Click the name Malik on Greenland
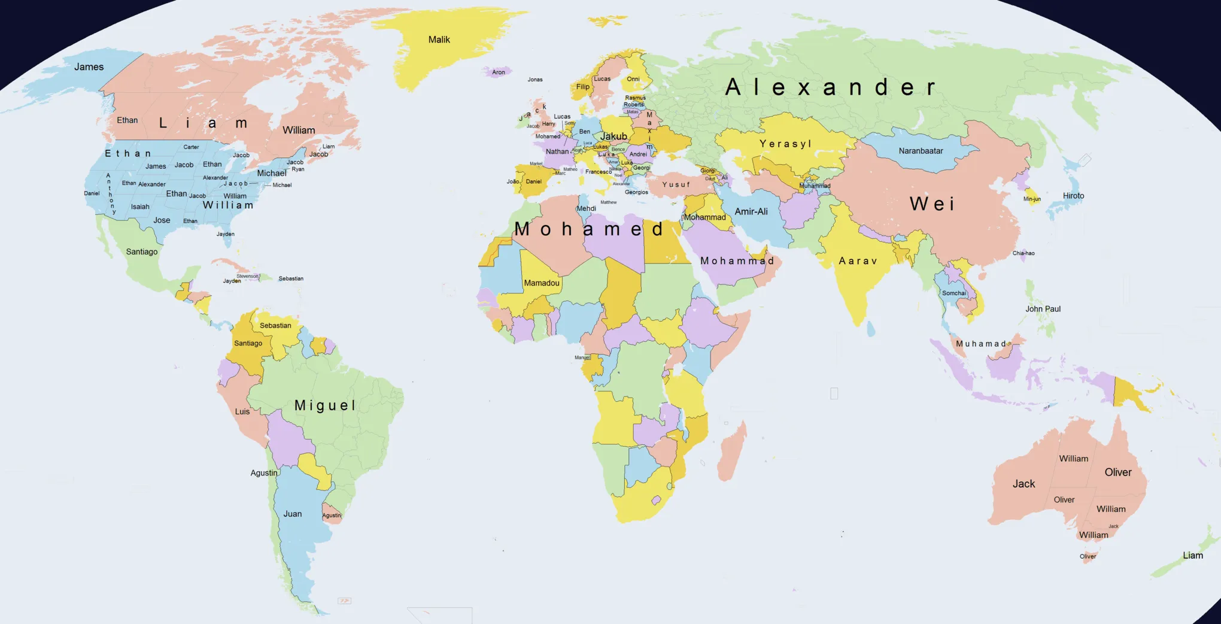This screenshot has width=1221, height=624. tap(439, 40)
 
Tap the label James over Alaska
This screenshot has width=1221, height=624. tap(89, 67)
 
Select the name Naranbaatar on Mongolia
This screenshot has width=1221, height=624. tap(921, 151)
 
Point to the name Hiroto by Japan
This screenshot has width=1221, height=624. tap(1073, 196)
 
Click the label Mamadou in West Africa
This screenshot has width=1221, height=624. tap(542, 283)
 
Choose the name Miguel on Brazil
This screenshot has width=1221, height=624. tap(325, 405)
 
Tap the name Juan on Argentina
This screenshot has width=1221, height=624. tap(292, 514)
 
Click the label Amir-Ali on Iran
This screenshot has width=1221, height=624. tap(751, 211)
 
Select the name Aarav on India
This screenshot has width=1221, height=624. tap(858, 261)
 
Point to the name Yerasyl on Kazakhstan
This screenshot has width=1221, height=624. tap(785, 144)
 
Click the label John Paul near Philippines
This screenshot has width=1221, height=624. tap(1043, 309)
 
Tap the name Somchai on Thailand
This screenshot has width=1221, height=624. tap(953, 293)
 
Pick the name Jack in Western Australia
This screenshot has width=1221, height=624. tap(1023, 484)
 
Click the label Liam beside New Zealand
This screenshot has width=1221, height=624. tap(1192, 556)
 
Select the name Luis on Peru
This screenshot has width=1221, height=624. tap(242, 411)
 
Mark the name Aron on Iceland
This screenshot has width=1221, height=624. tap(498, 72)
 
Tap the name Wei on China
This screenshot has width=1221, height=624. tap(932, 204)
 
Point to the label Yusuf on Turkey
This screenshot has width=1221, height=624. tap(676, 184)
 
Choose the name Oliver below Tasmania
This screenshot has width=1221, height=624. tap(1088, 556)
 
